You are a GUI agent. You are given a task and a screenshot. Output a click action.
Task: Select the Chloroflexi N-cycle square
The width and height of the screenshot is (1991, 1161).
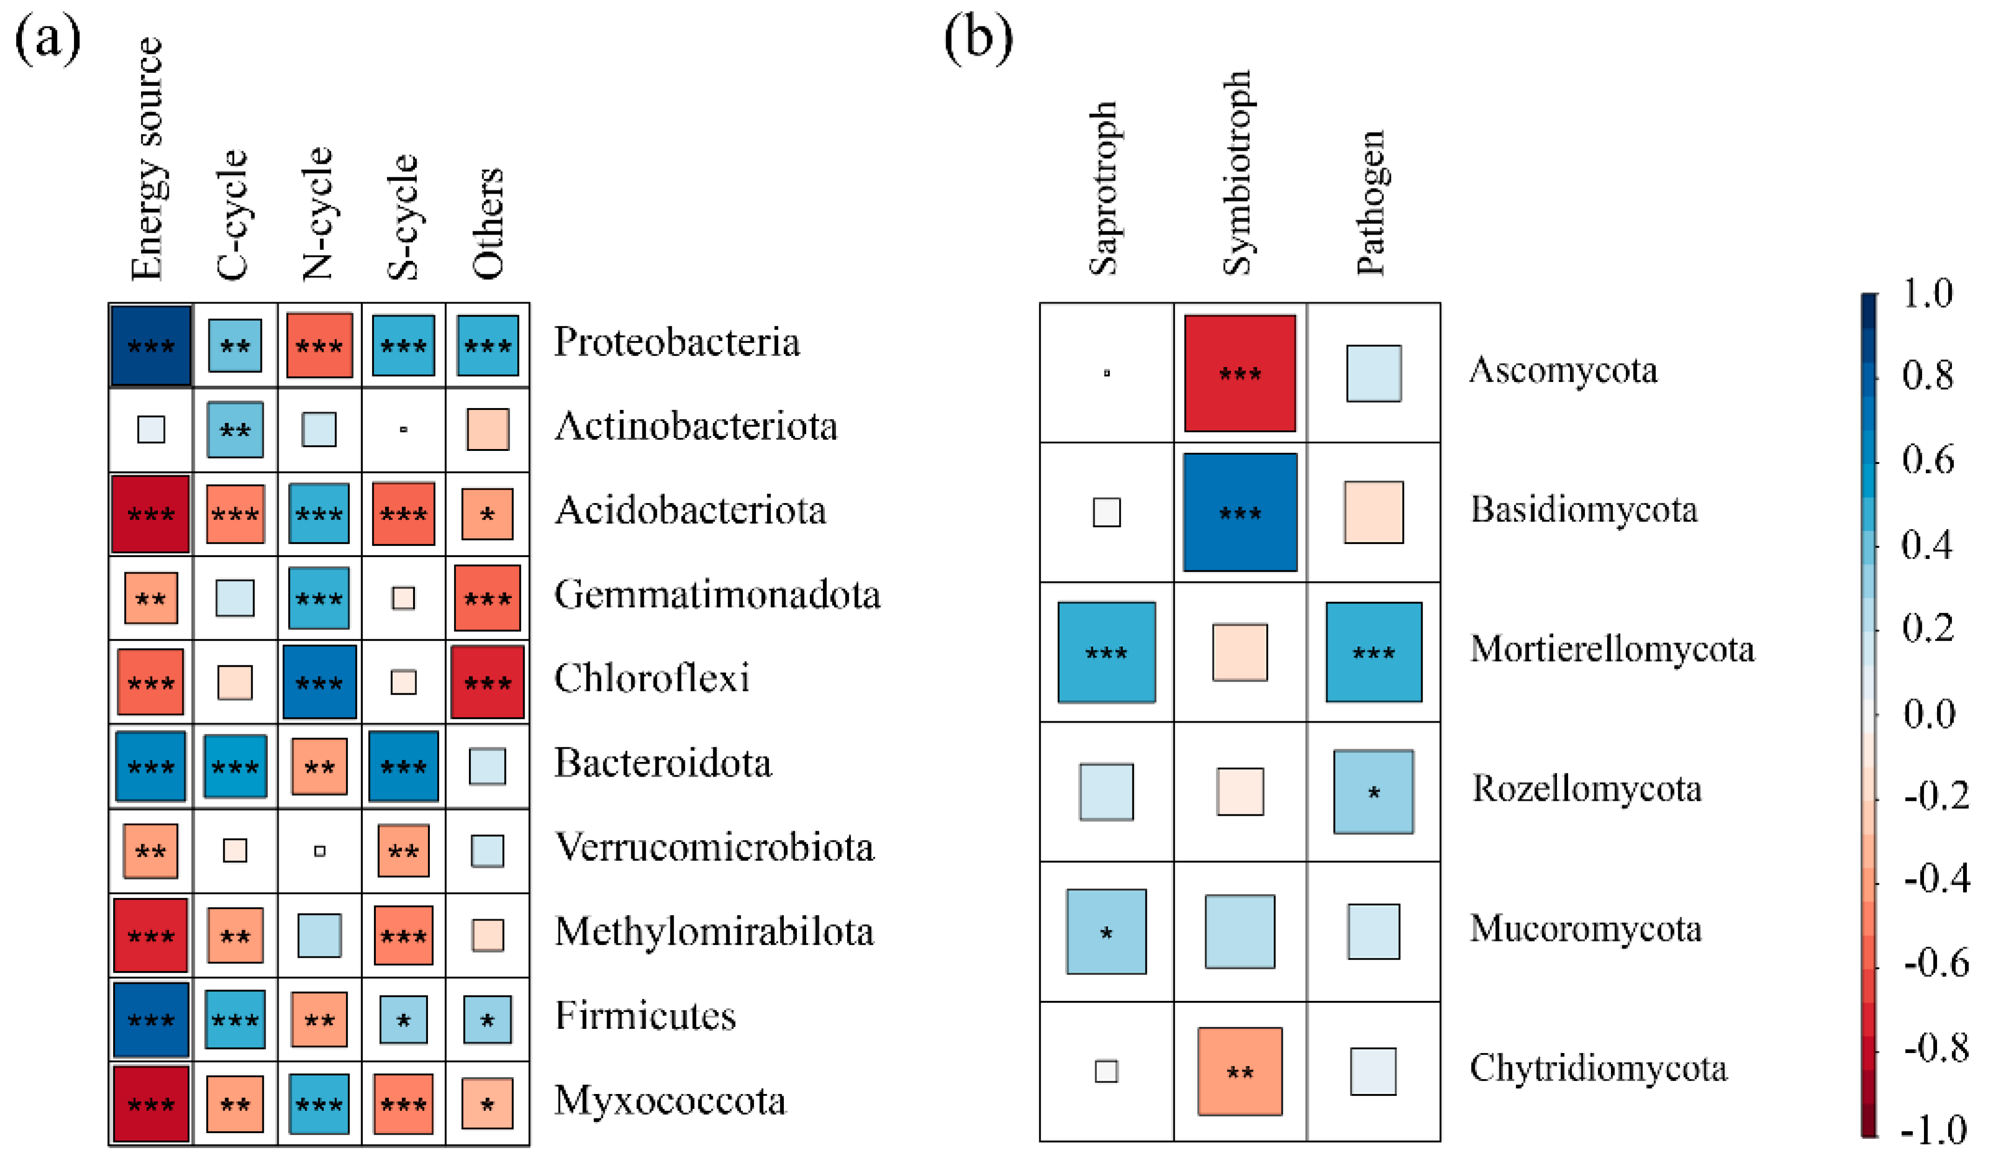tap(319, 682)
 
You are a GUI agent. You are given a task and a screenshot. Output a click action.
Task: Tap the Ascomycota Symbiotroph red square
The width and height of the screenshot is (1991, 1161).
tap(1240, 373)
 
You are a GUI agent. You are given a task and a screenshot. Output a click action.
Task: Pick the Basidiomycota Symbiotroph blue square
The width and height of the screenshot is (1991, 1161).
tap(1240, 512)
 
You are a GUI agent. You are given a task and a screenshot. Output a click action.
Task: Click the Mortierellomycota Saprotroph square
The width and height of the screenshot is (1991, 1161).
tap(1106, 652)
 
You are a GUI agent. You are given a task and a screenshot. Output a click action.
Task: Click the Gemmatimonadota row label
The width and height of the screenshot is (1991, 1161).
tap(716, 594)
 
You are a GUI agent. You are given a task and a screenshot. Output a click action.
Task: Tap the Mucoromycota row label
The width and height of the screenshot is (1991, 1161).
tap(1585, 929)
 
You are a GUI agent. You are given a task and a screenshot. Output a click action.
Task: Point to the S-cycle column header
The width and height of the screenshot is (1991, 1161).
tap(402, 217)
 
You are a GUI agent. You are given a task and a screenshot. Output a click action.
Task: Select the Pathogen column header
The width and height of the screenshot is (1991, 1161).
tap(1371, 203)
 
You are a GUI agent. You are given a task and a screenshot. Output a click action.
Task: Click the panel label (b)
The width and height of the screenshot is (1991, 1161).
tap(978, 38)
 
